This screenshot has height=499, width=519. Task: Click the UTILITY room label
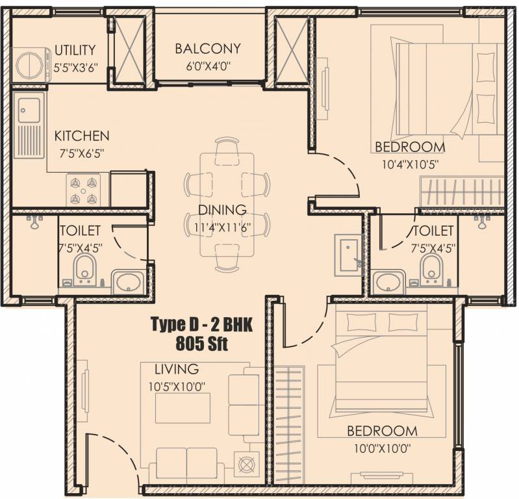pyautogui.click(x=75, y=50)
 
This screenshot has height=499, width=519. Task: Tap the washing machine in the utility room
pyautogui.click(x=31, y=65)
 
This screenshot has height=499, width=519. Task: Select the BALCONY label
pyautogui.click(x=207, y=49)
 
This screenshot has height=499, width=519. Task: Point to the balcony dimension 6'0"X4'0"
pyautogui.click(x=208, y=66)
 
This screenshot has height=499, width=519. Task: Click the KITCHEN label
pyautogui.click(x=82, y=136)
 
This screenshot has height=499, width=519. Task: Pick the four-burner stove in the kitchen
pyautogui.click(x=83, y=190)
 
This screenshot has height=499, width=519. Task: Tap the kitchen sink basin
pyautogui.click(x=29, y=110)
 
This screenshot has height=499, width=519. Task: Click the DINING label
pyautogui.click(x=222, y=210)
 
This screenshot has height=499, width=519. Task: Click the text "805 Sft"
pyautogui.click(x=201, y=343)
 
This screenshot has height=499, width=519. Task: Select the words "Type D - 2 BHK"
pyautogui.click(x=201, y=324)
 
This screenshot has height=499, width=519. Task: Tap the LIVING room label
pyautogui.click(x=177, y=369)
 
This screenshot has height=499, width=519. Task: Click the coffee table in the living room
pyautogui.click(x=183, y=408)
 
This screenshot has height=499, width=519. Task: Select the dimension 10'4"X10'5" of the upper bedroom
pyautogui.click(x=410, y=164)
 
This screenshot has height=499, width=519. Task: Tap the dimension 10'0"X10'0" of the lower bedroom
pyautogui.click(x=383, y=449)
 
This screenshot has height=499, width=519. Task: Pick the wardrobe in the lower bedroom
pyautogui.click(x=289, y=426)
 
